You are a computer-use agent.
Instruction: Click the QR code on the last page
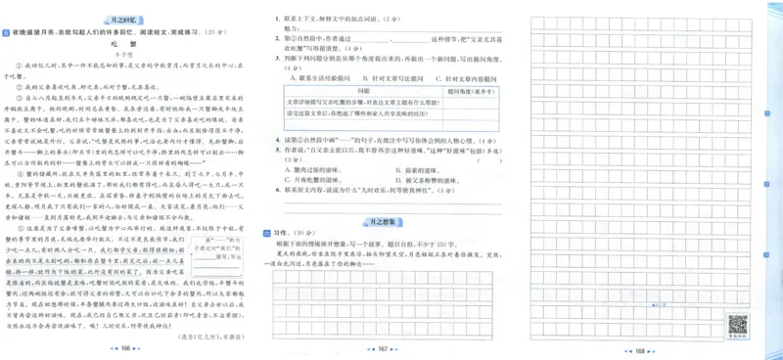tap(737, 325)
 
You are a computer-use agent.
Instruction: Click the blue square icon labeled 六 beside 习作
tap(267, 234)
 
